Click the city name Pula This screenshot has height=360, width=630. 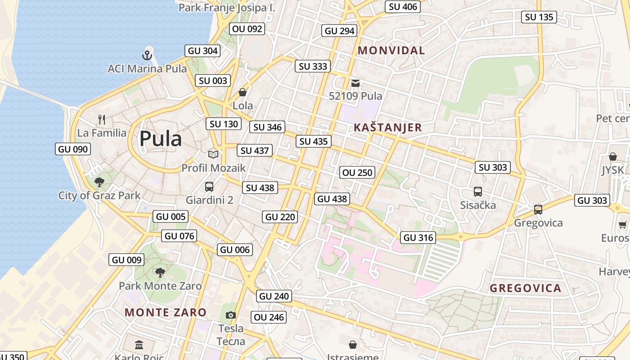click(x=161, y=139)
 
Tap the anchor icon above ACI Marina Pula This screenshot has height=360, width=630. click(x=147, y=55)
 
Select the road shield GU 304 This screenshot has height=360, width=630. click(x=202, y=51)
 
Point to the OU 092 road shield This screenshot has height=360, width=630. click(x=247, y=29)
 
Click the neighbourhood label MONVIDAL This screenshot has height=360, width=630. click(x=391, y=50)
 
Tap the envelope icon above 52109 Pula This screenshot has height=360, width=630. click(x=355, y=83)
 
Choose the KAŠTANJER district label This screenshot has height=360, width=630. click(x=387, y=127)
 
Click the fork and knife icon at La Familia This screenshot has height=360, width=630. click(x=102, y=120)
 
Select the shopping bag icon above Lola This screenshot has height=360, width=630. click(x=243, y=93)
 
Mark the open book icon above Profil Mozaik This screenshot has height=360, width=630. click(x=213, y=155)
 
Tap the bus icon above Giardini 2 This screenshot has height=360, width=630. click(x=209, y=186)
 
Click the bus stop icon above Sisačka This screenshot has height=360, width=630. click(x=478, y=192)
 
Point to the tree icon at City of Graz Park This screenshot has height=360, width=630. click(x=99, y=182)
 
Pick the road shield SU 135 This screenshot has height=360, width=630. click(x=539, y=17)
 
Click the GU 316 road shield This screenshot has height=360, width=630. click(x=418, y=238)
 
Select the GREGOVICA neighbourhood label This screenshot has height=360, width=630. click(x=525, y=288)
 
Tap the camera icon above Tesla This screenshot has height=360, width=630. click(x=231, y=315)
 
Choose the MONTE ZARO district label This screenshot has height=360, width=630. click(x=166, y=312)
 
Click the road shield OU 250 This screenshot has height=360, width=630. click(x=357, y=172)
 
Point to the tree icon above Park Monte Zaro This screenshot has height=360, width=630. click(x=160, y=272)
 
